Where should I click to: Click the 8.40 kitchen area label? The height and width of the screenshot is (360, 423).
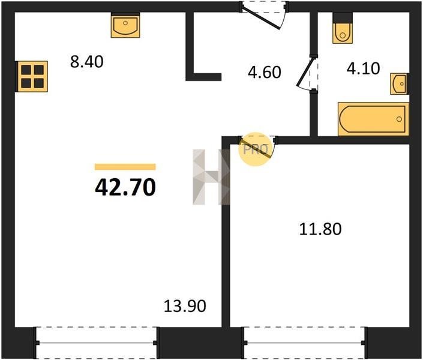(86, 62)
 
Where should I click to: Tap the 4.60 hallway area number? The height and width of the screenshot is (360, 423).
(265, 72)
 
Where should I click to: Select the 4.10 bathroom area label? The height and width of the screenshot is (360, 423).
(363, 68)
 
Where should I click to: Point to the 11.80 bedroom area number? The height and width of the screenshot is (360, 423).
(320, 229)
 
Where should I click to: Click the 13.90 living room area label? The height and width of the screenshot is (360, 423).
(185, 306)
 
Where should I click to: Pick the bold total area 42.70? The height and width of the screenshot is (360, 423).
(125, 187)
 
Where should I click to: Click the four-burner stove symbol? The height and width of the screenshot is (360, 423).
(32, 76)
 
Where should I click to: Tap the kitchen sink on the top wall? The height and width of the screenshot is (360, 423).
(125, 26)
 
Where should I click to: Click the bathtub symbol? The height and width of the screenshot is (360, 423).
(373, 119)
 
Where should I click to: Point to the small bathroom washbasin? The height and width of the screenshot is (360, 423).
(398, 83)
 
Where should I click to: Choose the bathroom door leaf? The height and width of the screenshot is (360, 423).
(305, 72)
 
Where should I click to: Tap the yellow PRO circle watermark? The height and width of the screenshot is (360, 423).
(255, 149)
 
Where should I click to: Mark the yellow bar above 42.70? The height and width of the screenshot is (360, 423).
(125, 167)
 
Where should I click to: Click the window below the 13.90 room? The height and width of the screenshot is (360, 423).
(96, 343)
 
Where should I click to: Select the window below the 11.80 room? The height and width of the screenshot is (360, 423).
(305, 343)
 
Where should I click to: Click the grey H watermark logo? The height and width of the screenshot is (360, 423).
(211, 177)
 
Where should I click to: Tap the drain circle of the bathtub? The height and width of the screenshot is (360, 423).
(399, 119)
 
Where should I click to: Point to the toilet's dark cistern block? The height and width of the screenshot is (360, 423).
(343, 18)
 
